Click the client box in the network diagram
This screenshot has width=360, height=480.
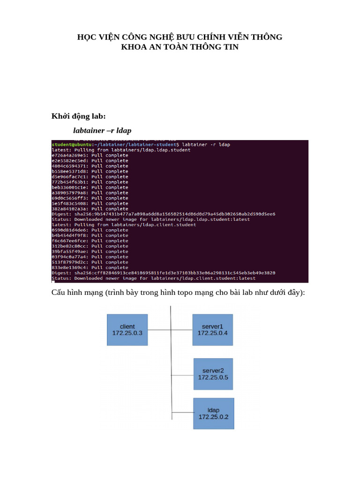click(x=127, y=330)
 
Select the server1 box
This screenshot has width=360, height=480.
click(x=212, y=330)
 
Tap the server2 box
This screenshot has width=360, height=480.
click(x=213, y=374)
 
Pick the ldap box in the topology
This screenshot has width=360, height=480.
click(x=213, y=413)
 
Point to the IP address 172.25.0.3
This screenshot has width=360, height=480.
click(x=127, y=333)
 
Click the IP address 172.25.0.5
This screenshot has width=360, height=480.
click(x=213, y=377)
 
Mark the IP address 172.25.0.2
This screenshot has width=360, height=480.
click(x=213, y=417)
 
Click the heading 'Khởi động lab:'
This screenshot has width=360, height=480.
click(x=79, y=116)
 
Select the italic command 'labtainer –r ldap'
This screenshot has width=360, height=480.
click(x=102, y=130)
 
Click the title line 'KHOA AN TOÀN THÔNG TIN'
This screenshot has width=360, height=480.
click(x=180, y=47)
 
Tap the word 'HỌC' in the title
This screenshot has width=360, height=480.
click(x=87, y=37)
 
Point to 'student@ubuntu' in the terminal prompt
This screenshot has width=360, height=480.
click(x=68, y=145)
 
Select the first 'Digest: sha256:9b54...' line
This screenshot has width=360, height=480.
click(x=164, y=214)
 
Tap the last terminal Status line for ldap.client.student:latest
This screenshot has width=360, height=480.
click(x=154, y=278)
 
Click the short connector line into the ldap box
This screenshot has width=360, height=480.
click(x=182, y=413)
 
